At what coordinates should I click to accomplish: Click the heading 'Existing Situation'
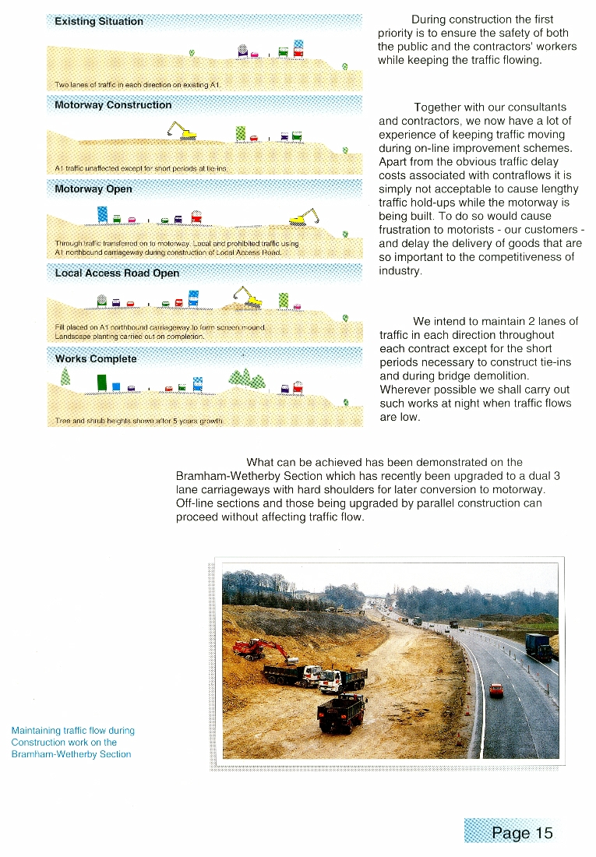(x=99, y=22)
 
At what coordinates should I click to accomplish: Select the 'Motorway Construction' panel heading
(x=113, y=105)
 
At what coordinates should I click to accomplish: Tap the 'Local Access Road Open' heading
(x=117, y=273)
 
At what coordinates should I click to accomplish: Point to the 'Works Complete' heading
(x=96, y=359)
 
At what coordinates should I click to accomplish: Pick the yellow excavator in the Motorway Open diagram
(x=303, y=217)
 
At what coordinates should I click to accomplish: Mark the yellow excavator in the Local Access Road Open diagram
(x=247, y=295)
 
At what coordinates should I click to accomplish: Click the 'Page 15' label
(x=522, y=833)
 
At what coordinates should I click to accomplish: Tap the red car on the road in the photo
(x=495, y=689)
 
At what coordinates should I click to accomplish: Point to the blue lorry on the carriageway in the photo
(x=538, y=646)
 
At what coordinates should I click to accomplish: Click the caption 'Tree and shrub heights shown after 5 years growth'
(x=140, y=421)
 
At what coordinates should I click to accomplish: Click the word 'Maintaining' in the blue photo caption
(x=37, y=731)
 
